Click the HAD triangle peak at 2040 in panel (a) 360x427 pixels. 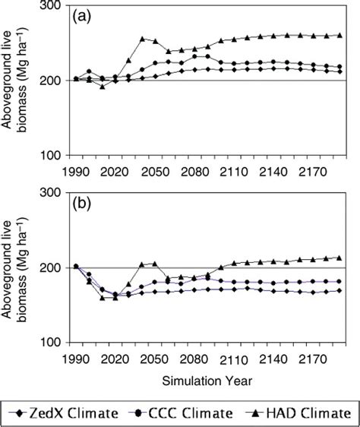pos(142,39)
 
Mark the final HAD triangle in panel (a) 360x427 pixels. pos(339,35)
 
